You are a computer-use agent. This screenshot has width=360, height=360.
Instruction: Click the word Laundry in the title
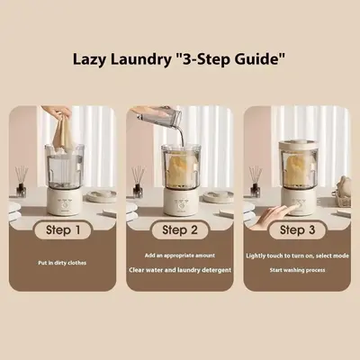[x=140, y=59]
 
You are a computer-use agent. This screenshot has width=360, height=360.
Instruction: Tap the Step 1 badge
[x=63, y=230]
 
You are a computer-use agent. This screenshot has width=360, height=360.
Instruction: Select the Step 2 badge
[x=180, y=230]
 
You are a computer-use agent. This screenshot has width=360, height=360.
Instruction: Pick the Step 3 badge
[x=297, y=230]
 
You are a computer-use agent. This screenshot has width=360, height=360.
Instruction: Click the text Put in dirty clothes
[x=62, y=263]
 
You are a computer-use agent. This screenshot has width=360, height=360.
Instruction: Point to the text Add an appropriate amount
[x=180, y=256]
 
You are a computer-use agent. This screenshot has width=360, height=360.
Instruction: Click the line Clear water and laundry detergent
[x=180, y=270]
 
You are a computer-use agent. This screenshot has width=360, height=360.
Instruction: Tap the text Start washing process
[x=297, y=270]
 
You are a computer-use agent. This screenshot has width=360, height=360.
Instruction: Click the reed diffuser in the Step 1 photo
[x=21, y=182]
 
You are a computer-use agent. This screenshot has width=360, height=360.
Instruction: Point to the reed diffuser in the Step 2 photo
[x=138, y=182]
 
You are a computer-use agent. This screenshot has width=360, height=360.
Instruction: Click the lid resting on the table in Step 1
[x=102, y=196]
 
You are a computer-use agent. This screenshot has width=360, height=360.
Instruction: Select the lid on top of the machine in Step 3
[x=297, y=145]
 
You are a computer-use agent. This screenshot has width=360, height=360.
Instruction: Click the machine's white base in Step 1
[x=64, y=202]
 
